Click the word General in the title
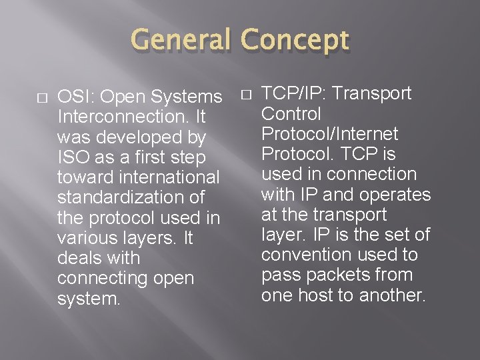pos(181,41)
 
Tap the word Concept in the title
pos(295,41)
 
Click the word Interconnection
pos(124,117)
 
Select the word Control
pos(291,114)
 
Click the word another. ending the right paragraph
pos(393,295)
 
